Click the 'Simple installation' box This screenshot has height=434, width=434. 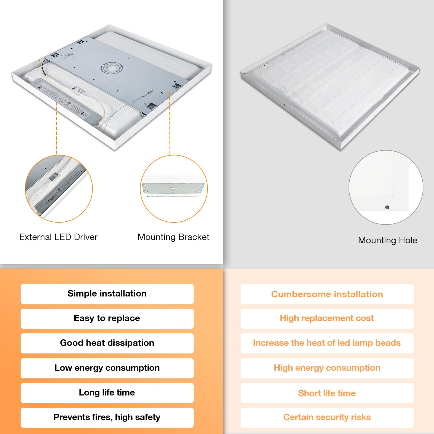(107, 294)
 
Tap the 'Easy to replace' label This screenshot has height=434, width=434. (107, 318)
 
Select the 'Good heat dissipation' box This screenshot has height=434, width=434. (107, 343)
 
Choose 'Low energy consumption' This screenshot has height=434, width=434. (107, 368)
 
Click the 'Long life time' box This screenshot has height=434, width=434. (107, 393)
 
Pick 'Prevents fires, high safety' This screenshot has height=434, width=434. (107, 417)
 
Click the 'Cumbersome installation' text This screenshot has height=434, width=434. (327, 294)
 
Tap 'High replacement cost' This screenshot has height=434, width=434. (327, 318)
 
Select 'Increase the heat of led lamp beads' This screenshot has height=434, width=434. (327, 343)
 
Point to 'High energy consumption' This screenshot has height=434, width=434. (327, 368)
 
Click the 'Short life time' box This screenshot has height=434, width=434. (327, 393)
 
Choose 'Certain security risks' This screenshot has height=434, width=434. (327, 417)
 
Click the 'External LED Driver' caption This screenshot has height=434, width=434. (58, 237)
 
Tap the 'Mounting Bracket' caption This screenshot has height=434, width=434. (173, 237)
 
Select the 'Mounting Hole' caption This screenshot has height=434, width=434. (387, 240)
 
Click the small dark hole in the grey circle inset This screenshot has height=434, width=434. (387, 207)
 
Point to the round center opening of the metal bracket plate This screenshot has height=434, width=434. (112, 68)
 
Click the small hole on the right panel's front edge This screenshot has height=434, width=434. (284, 105)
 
